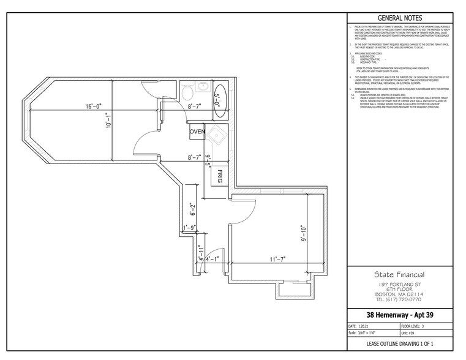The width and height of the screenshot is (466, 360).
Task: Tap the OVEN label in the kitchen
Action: tap(197, 132)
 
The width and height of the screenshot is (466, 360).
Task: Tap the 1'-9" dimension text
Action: tap(191, 228)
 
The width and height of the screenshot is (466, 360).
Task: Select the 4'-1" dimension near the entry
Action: tap(212, 259)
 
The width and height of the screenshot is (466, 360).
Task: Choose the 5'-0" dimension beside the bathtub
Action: tap(216, 97)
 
